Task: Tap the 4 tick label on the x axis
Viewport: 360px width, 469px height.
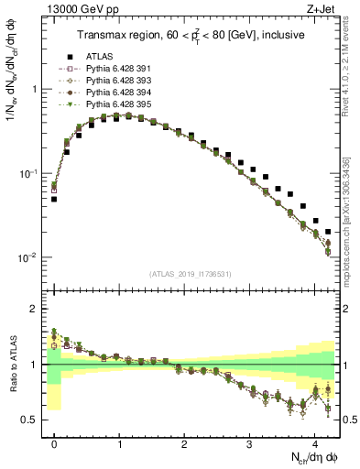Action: pos(314,441)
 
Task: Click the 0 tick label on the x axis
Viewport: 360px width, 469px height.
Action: pos(55,441)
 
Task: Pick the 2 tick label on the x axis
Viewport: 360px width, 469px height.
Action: pos(184,441)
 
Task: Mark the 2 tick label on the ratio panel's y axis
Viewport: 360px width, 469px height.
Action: pos(38,309)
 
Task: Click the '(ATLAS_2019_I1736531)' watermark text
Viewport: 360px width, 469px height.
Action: pos(190,274)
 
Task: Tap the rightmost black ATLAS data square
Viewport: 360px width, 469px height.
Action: pos(328,232)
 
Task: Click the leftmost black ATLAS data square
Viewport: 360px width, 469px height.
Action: pos(54,199)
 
